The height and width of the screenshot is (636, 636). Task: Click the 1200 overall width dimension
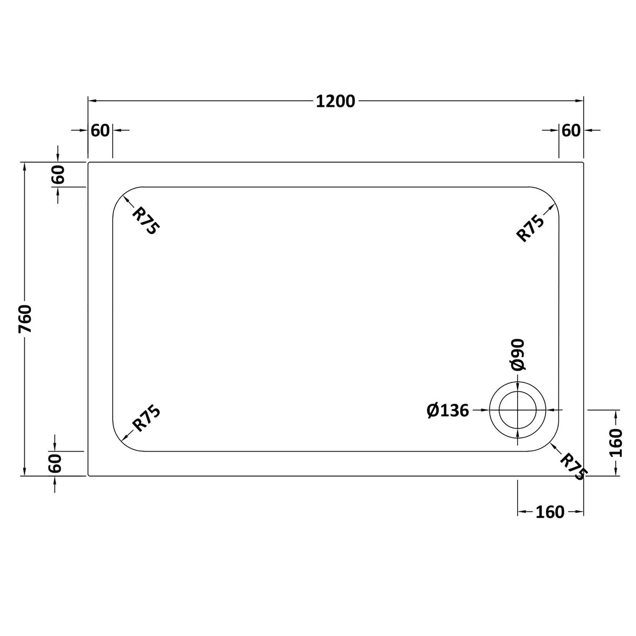pos(335,101)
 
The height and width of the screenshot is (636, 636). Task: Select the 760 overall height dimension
pos(25,319)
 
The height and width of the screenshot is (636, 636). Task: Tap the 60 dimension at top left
pos(100,130)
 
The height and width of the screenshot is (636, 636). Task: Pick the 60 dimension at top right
pos(571,130)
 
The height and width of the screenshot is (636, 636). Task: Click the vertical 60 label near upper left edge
pos(58,174)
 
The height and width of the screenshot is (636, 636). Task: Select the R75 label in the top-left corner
pos(145,220)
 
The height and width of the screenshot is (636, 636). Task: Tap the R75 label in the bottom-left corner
pos(146,419)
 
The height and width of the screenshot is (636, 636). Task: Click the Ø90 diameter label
pos(518,355)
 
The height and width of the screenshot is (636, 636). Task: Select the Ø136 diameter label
pos(448,411)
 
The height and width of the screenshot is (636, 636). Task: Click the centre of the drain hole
pos(518,410)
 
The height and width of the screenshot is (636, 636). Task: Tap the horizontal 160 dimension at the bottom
pos(550,512)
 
